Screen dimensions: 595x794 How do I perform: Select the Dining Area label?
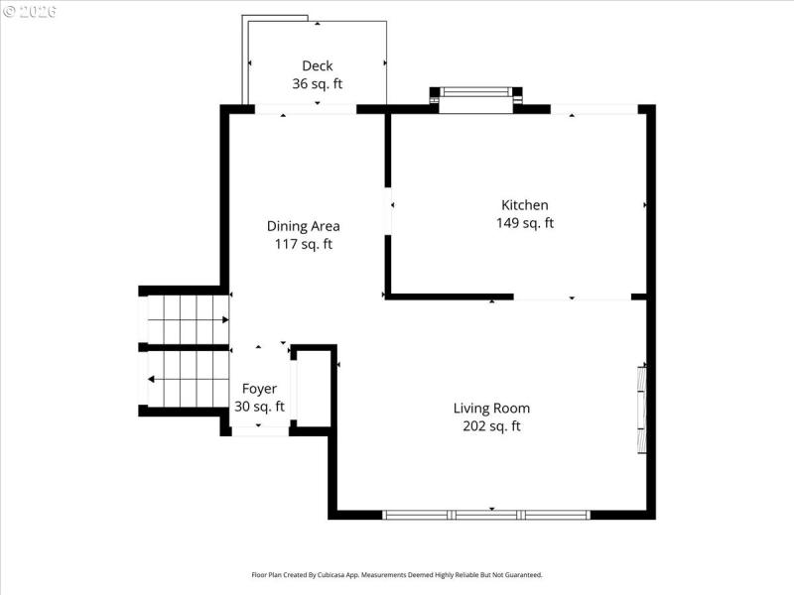click(304, 226)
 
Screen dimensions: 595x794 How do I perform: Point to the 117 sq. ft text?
click(304, 244)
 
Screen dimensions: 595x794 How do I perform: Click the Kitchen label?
click(525, 205)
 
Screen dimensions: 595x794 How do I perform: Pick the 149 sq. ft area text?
click(525, 223)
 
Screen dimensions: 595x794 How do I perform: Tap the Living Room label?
click(491, 408)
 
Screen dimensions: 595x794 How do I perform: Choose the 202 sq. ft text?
click(491, 426)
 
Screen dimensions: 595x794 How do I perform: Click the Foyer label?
click(259, 389)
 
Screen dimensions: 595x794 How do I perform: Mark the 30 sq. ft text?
click(259, 407)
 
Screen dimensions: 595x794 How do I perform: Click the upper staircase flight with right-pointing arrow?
click(188, 319)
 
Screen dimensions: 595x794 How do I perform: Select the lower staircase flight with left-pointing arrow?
click(188, 379)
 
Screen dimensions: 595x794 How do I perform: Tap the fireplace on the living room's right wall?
click(641, 408)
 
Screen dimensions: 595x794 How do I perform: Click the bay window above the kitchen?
click(476, 97)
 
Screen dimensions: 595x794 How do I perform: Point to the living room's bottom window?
click(486, 514)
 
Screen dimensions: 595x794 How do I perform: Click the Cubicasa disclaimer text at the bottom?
click(397, 574)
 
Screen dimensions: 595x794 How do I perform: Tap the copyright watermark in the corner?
click(30, 12)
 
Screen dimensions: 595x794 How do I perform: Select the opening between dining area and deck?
click(306, 109)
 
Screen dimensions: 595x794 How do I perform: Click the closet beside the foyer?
click(313, 388)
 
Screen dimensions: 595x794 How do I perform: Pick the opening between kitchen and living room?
click(572, 297)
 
